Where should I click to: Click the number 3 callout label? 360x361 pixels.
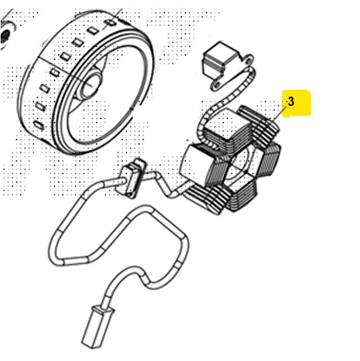click(291, 101)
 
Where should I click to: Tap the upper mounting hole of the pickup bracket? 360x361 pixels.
click(248, 60)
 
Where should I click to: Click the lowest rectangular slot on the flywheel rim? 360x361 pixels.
click(39, 125)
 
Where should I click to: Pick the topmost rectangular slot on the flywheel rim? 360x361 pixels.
click(111, 23)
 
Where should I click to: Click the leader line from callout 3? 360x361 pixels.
click(279, 114)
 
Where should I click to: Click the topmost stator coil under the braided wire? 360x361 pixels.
click(227, 129)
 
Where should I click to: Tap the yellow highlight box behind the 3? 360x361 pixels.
click(296, 104)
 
